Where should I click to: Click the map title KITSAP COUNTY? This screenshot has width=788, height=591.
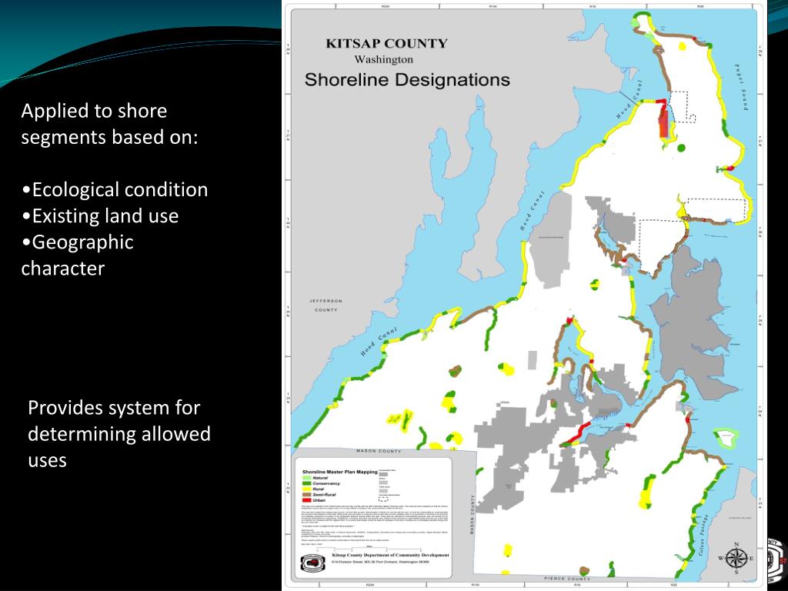pyautogui.click(x=386, y=44)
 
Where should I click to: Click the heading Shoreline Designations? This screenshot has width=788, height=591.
pyautogui.click(x=407, y=79)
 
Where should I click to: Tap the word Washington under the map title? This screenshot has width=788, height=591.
pyautogui.click(x=383, y=59)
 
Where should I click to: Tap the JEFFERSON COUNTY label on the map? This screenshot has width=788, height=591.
pyautogui.click(x=324, y=306)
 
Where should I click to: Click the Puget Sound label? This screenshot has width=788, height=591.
pyautogui.click(x=745, y=88)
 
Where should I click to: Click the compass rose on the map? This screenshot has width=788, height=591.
pyautogui.click(x=736, y=557)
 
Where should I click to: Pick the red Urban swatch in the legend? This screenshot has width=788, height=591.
pyautogui.click(x=308, y=500)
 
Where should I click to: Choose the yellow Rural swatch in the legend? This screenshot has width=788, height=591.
pyautogui.click(x=308, y=489)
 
